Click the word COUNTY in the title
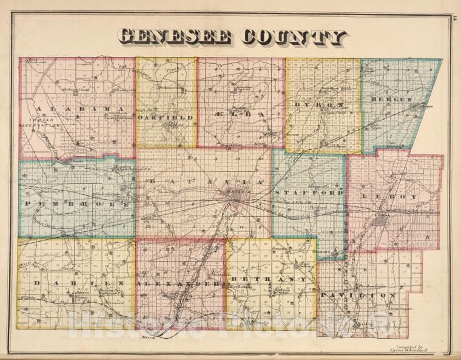click(294, 37)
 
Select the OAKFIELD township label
click(165, 117)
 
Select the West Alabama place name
click(38, 61)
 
